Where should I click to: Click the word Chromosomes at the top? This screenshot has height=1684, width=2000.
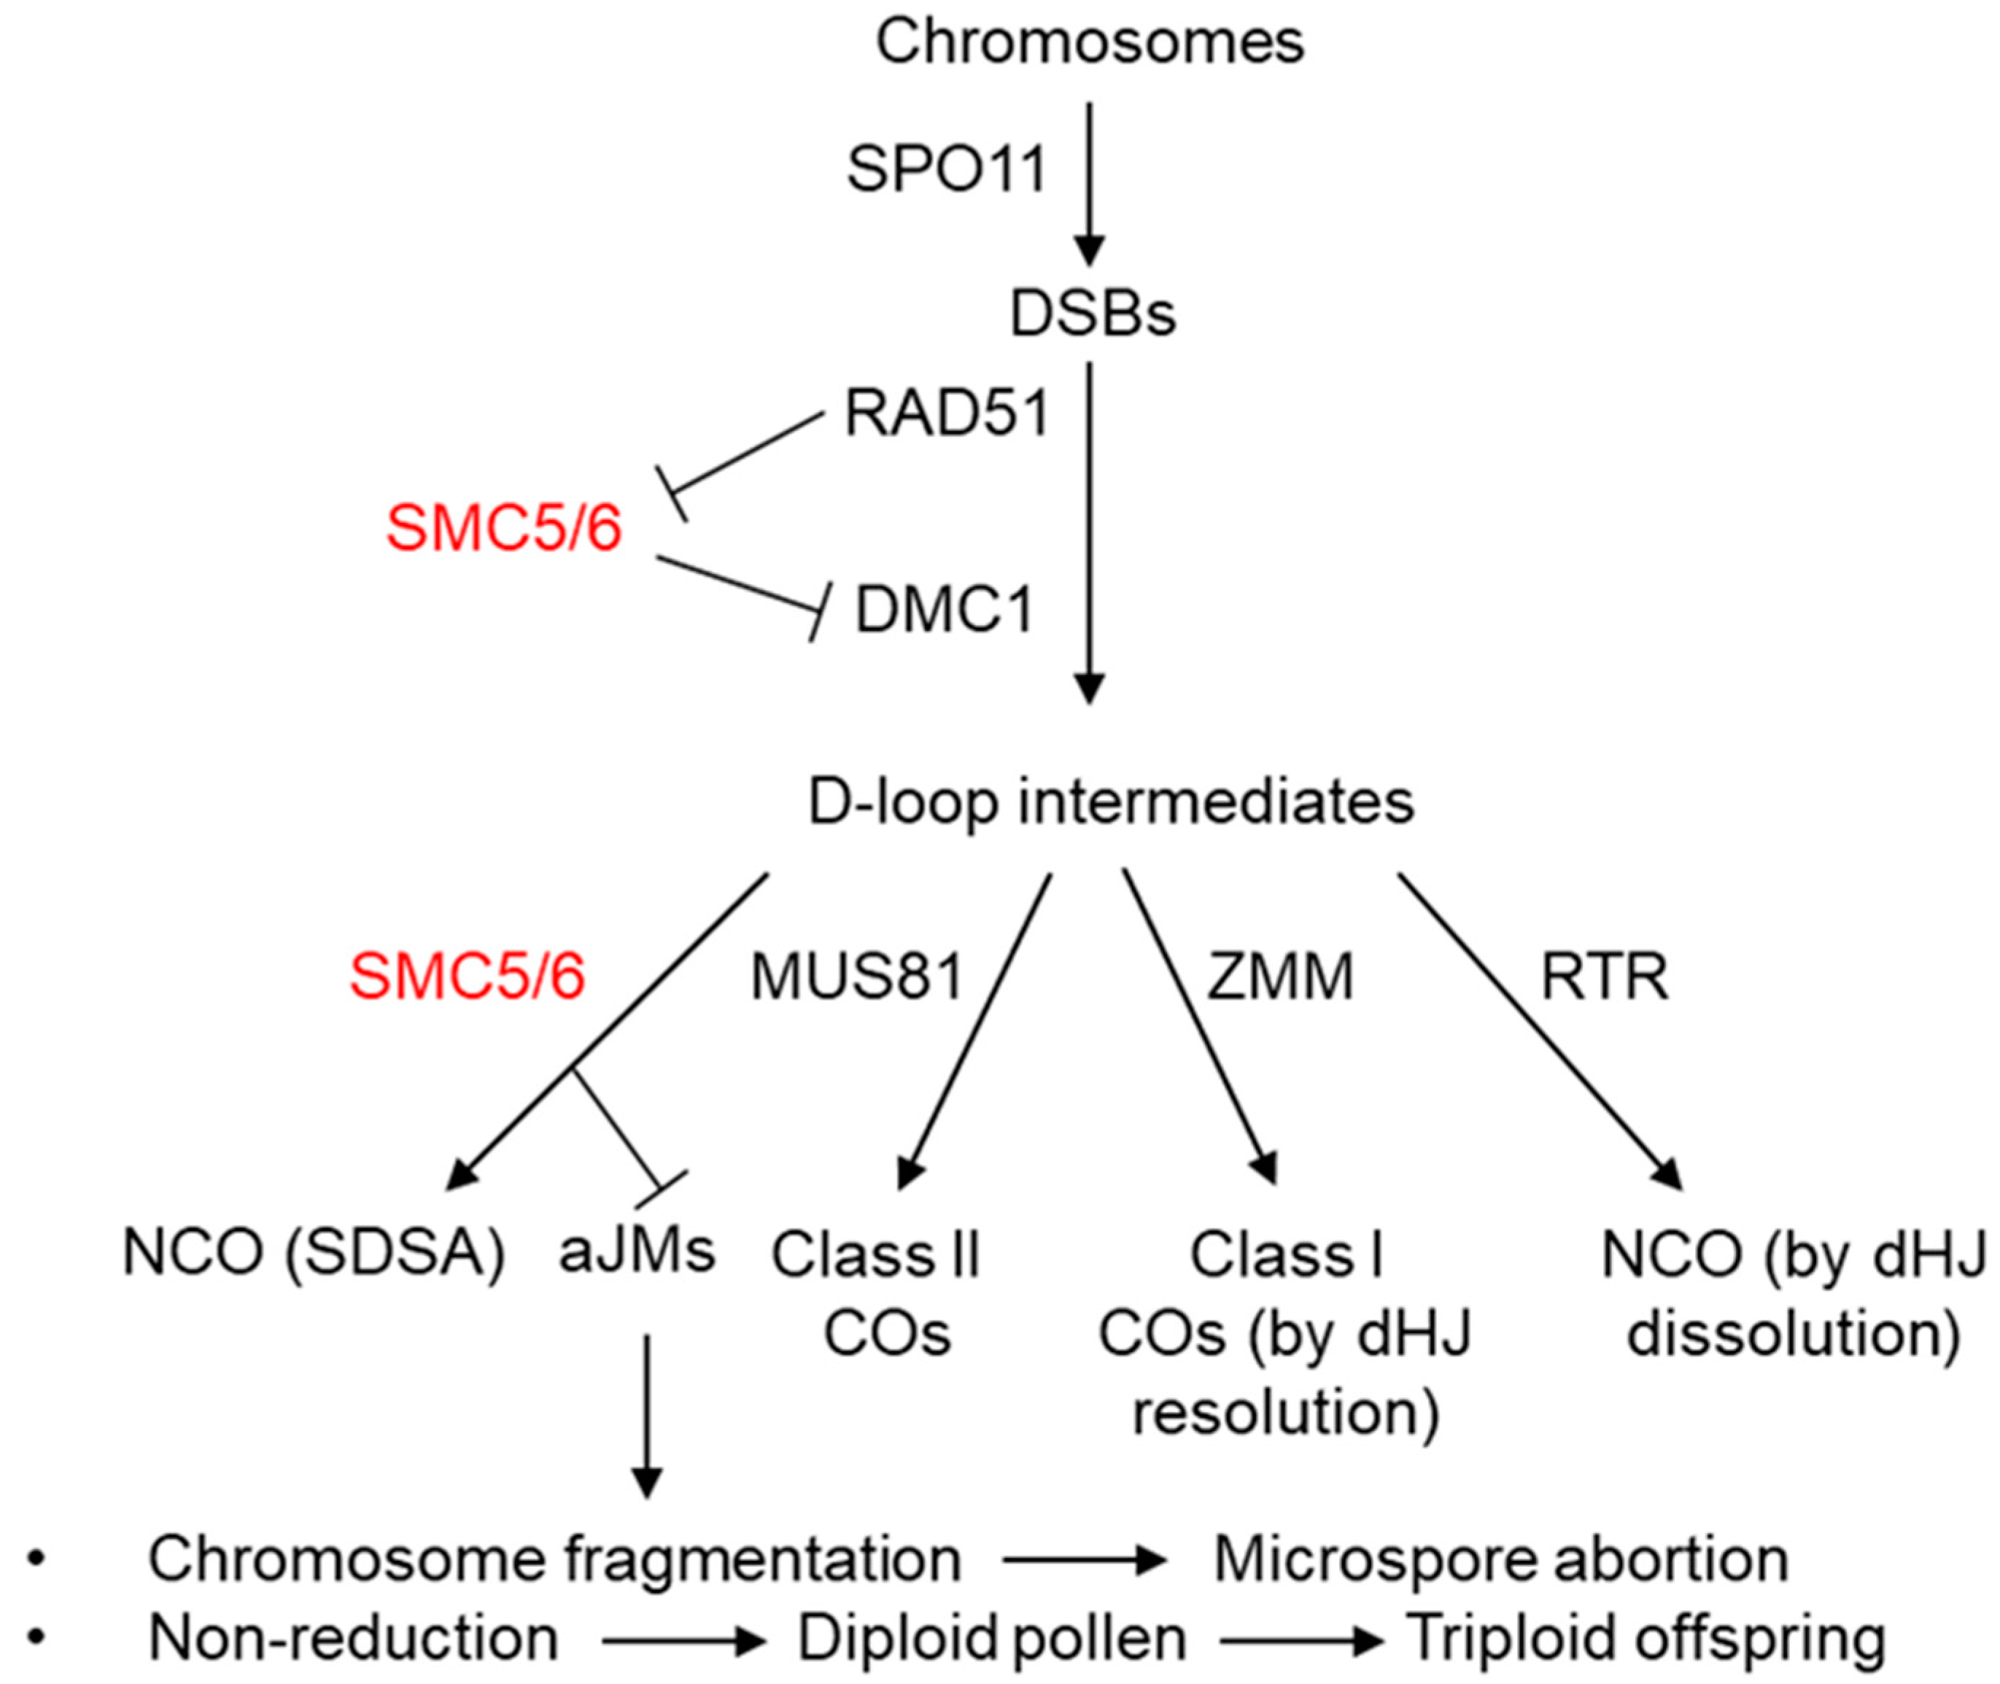[x=1089, y=42]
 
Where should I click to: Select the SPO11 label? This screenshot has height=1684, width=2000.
[x=947, y=170]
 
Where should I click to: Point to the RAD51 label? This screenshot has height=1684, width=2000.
[x=947, y=414]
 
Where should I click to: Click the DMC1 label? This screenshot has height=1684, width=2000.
[x=943, y=610]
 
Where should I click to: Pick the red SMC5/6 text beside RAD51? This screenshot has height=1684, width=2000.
[x=503, y=528]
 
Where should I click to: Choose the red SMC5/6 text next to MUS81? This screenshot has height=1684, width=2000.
[x=467, y=977]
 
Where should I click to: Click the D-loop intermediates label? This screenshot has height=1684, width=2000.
[x=1110, y=802]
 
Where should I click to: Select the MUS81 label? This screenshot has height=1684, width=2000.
[x=856, y=977]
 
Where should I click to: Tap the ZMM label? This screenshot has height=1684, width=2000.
[x=1279, y=977]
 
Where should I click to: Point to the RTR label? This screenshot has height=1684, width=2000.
[x=1605, y=977]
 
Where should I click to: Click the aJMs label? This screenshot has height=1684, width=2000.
[x=637, y=1251]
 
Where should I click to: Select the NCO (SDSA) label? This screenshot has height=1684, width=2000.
[x=313, y=1252]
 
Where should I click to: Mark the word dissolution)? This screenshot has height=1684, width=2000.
[x=1793, y=1334]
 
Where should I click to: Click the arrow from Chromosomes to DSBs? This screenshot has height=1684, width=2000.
[x=1089, y=182]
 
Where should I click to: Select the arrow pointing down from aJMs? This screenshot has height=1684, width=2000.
[x=647, y=1413]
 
